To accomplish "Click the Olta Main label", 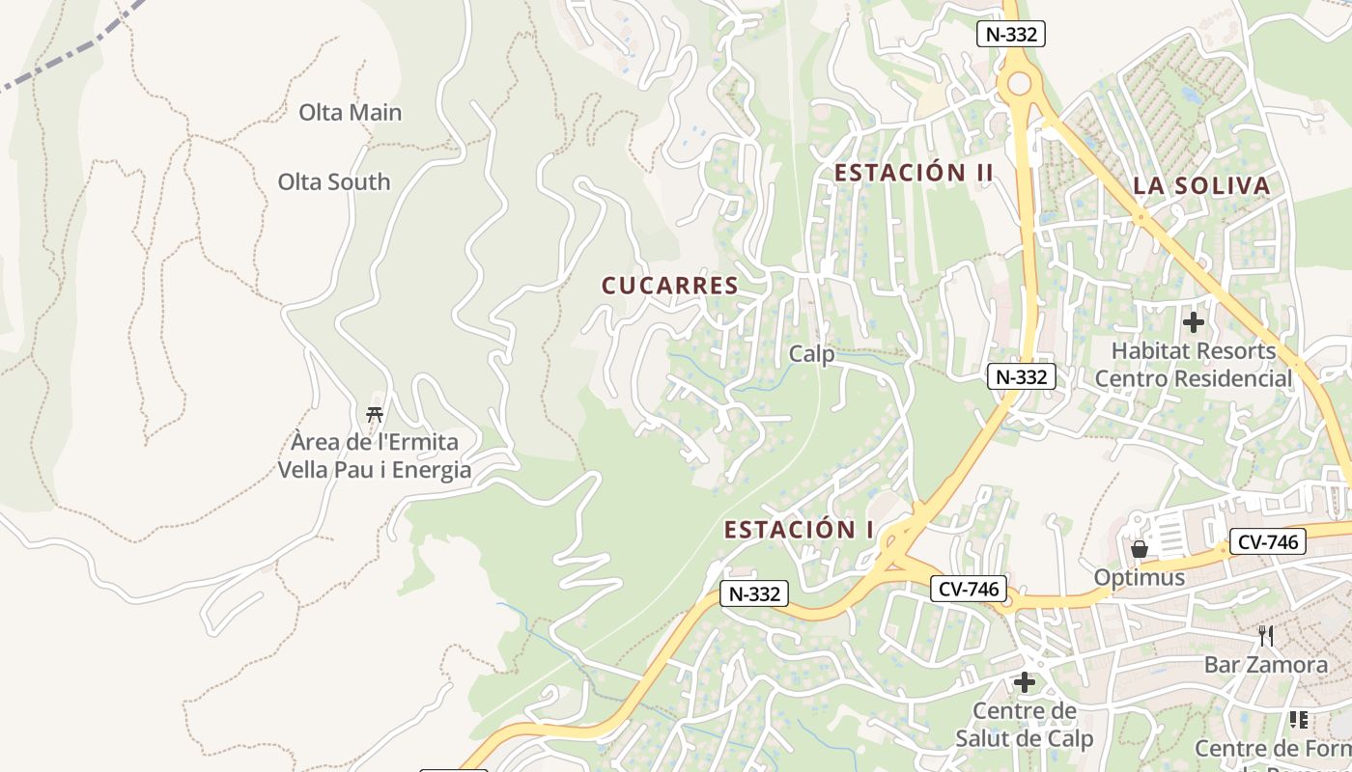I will [350, 112].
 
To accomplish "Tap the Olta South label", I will [334, 181].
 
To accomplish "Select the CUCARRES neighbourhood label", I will [669, 286].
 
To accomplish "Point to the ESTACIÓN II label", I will [914, 173].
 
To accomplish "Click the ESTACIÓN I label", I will [799, 530].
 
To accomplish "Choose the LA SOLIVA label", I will [1201, 186].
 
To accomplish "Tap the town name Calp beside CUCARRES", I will [811, 354].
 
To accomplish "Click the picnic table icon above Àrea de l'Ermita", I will [375, 415].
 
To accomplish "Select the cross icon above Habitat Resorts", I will [1194, 321].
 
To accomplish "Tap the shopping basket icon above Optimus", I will [1140, 549].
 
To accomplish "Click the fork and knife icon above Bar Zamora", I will [1266, 636].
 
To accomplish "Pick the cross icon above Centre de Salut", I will [1024, 683].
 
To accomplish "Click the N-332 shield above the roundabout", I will [1011, 35].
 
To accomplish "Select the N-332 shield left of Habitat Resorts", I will [1021, 376].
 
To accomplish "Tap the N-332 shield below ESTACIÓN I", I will [754, 593].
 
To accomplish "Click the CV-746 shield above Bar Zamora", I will [1267, 541].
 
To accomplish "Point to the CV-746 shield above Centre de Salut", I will [969, 589].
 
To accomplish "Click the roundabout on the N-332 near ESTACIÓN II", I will [1019, 85].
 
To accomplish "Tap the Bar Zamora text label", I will [1265, 665].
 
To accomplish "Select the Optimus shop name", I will [1139, 577].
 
